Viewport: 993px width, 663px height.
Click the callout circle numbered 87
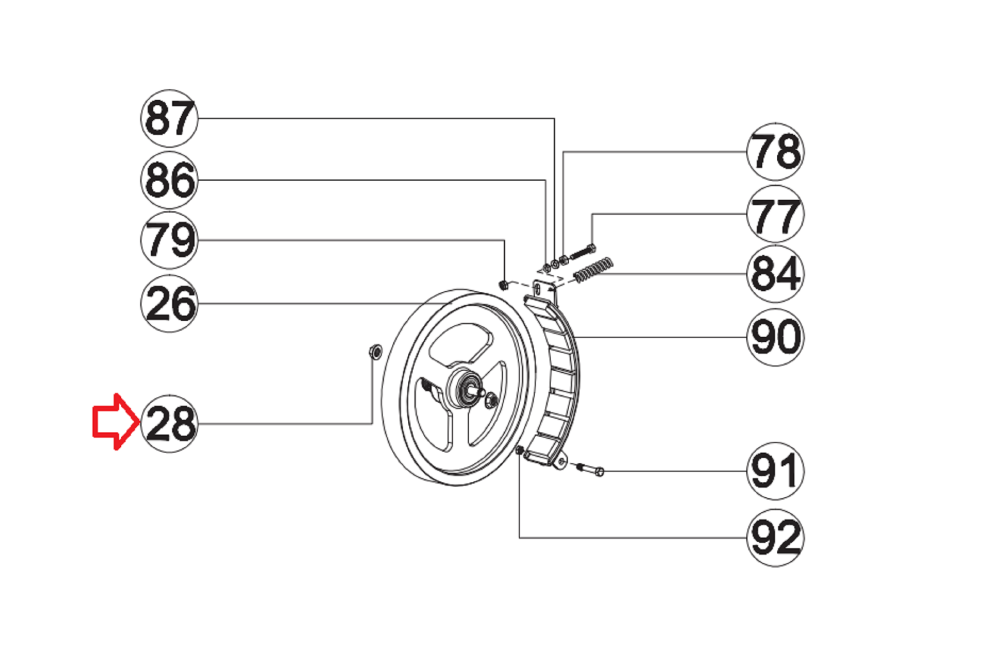click(169, 118)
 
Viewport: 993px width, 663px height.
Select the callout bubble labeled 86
click(169, 180)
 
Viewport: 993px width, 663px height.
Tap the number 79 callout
click(169, 240)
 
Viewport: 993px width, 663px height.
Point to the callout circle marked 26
click(169, 303)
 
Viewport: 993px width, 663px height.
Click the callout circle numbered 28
click(169, 424)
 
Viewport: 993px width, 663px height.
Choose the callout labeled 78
click(775, 152)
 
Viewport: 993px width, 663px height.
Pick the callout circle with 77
click(775, 214)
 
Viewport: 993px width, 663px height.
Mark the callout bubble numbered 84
click(775, 274)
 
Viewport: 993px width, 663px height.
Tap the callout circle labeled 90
click(775, 337)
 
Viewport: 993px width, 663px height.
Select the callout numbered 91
click(775, 471)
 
